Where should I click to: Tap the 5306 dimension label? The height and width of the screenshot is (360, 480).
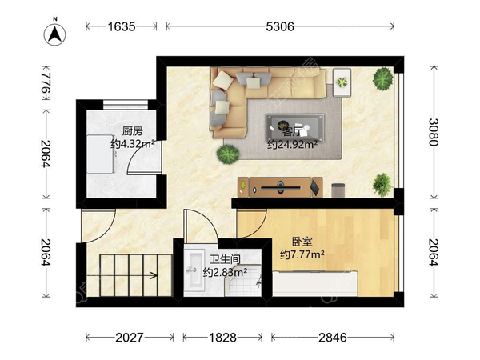pos(281,26)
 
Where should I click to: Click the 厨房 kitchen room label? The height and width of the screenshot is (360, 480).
pos(133,131)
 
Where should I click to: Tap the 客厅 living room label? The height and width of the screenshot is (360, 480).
pos(293,130)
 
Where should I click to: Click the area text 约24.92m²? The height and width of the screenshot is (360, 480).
pos(292,145)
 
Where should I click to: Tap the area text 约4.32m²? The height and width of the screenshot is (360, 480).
pos(132,145)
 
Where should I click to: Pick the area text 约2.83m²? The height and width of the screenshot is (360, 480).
pos(224,273)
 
